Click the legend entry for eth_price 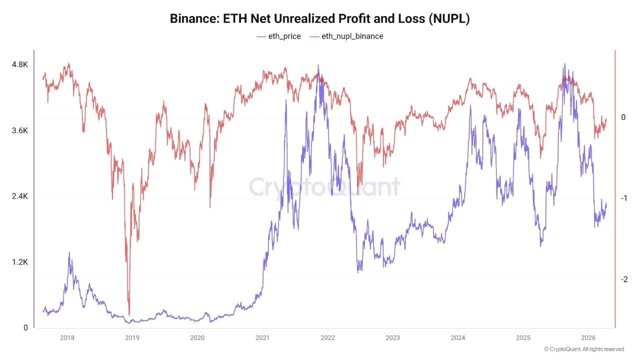[x=278, y=36]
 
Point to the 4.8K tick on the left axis [x=20, y=64]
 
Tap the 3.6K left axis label [x=20, y=130]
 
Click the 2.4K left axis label [x=20, y=196]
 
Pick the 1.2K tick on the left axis [x=20, y=262]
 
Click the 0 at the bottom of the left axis [x=25, y=328]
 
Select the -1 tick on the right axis [x=623, y=198]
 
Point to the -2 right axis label [x=623, y=279]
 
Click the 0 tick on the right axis [x=623, y=117]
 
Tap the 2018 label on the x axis [x=67, y=338]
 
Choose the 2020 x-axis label [x=197, y=338]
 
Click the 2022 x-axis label [x=327, y=338]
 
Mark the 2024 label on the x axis [x=457, y=338]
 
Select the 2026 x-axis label [x=588, y=338]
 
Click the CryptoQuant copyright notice [x=584, y=349]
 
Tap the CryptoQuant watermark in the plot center [x=324, y=187]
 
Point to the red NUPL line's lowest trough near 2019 [x=129, y=314]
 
